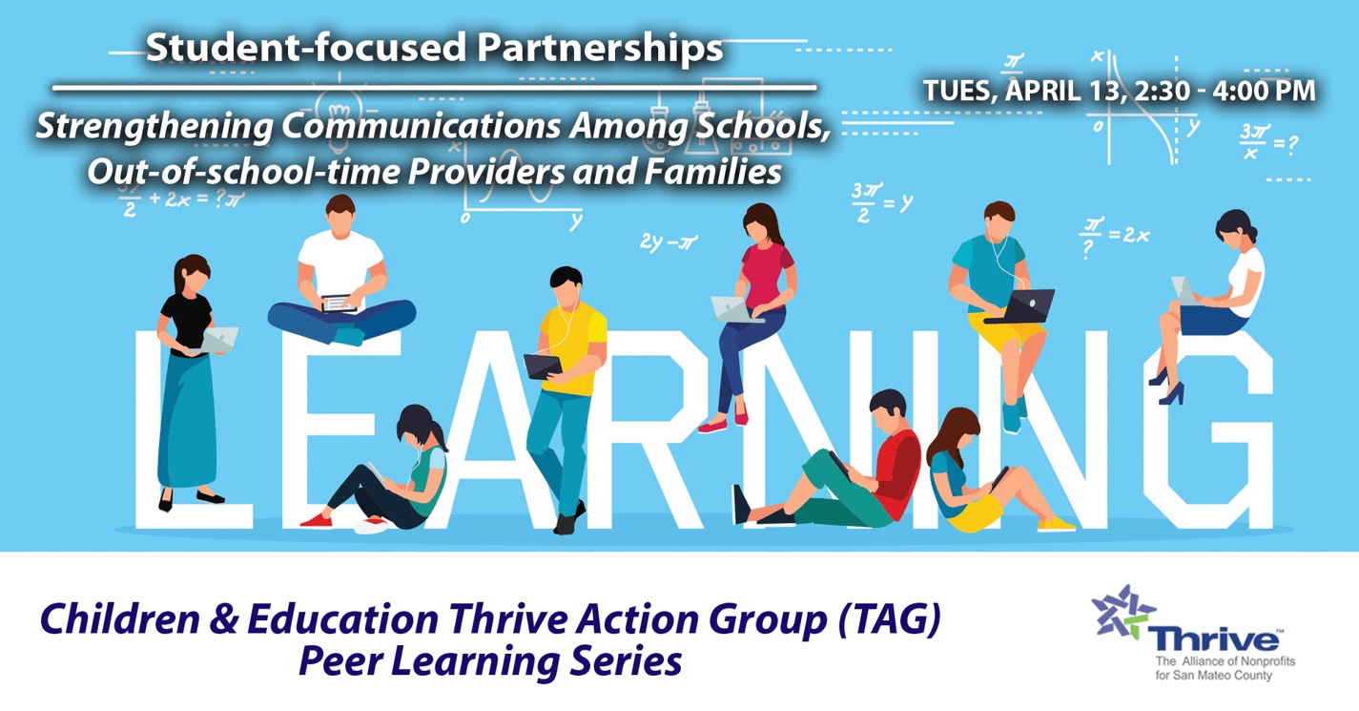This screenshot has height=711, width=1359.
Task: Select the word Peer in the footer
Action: tap(340, 660)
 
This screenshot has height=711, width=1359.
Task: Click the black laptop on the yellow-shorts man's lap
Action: tap(1027, 305)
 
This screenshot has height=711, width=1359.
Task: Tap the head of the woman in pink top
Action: tap(762, 222)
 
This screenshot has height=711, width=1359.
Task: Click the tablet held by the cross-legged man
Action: tap(340, 303)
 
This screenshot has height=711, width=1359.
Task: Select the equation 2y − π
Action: tap(669, 243)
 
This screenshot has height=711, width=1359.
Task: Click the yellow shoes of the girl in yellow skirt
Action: tap(1055, 524)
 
